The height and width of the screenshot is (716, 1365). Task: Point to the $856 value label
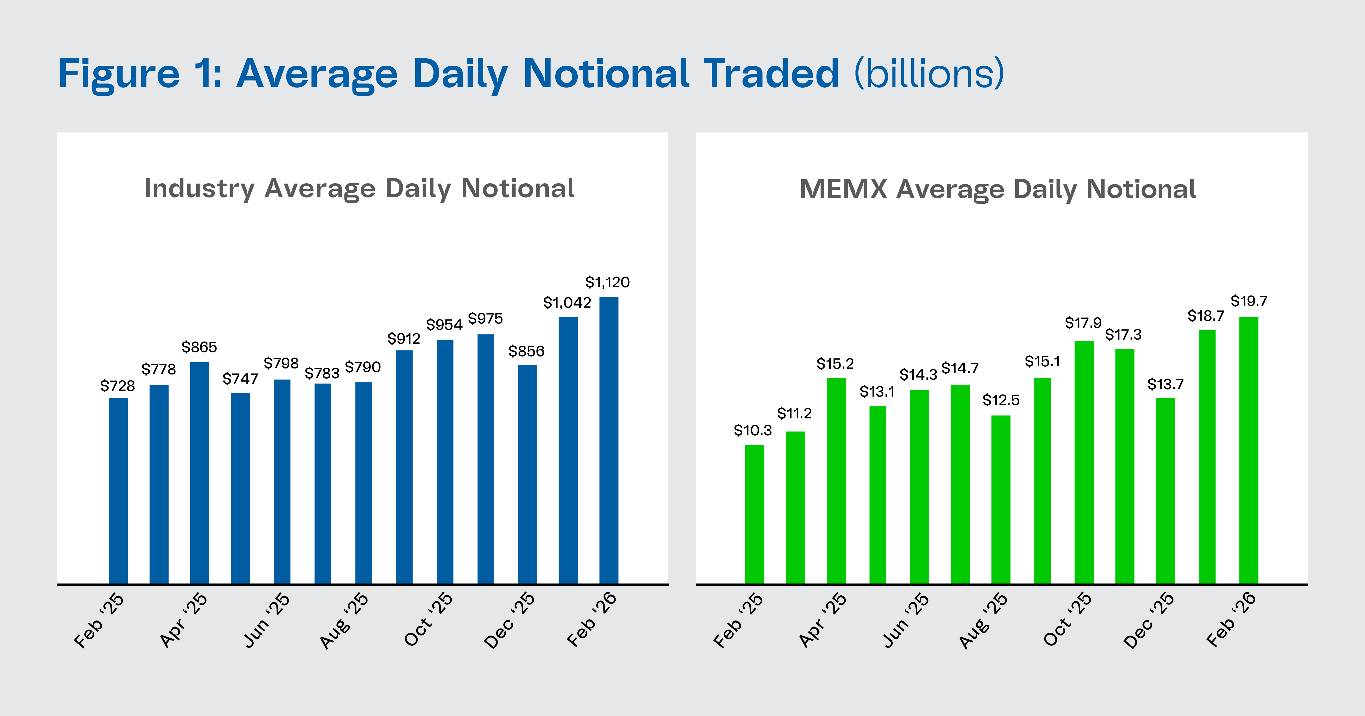pyautogui.click(x=526, y=351)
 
